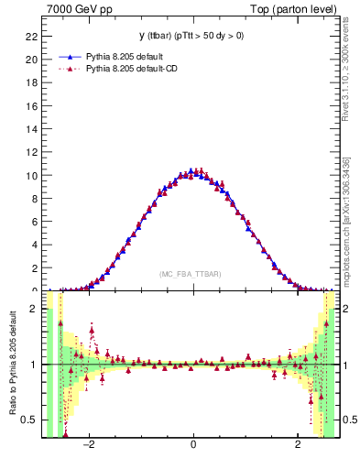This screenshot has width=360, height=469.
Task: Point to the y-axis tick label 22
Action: click(30, 37)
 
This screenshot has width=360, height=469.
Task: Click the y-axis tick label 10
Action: click(30, 175)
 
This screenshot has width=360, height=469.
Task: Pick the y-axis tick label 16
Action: click(30, 106)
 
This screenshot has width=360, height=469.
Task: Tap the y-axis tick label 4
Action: click(33, 245)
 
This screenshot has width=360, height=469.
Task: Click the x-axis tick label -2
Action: click(89, 446)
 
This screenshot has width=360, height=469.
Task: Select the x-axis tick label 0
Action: click(193, 446)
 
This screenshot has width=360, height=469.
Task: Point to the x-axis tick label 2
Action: click(298, 446)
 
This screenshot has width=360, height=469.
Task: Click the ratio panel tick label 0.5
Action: click(27, 420)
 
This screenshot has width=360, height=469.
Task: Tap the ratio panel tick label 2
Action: click(33, 309)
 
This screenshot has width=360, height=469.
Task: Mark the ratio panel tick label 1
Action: click(33, 365)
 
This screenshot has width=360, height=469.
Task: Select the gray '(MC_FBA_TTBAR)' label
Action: click(190, 274)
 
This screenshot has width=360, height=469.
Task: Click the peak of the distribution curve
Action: click(191, 171)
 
